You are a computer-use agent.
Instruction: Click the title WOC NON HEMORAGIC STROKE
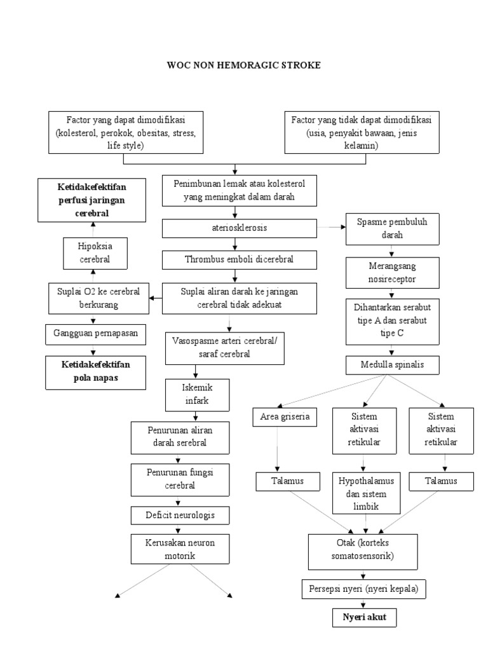[x=244, y=65]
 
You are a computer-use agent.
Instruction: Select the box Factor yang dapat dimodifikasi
[x=126, y=132]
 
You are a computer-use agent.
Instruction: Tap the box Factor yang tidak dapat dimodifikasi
[x=361, y=132]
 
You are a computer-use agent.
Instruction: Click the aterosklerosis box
[x=235, y=227]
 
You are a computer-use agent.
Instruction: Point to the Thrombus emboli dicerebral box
[x=235, y=260]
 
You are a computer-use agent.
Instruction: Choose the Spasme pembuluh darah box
[x=391, y=229]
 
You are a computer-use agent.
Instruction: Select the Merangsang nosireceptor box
[x=391, y=272]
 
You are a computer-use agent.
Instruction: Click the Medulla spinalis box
[x=391, y=366]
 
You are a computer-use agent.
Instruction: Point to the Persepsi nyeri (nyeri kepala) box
[x=363, y=589]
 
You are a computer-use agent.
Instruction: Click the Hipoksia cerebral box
[x=95, y=253]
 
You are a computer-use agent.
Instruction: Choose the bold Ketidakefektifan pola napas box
[x=95, y=371]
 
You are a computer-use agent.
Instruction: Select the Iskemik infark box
[x=196, y=394]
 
